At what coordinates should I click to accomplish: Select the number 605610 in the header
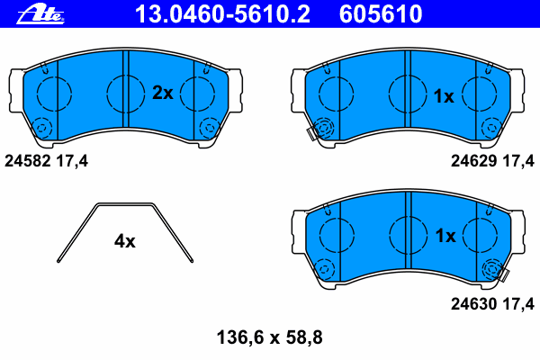coord(380,13)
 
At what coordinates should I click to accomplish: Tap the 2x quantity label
coord(163,93)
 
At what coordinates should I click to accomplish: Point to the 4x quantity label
coord(124,240)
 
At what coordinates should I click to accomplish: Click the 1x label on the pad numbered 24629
coord(445,95)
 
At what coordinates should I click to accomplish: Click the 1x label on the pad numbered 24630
coord(445,236)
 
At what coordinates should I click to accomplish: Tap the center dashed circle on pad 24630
coord(407,235)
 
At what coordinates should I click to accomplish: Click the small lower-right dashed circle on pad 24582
coord(209,128)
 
